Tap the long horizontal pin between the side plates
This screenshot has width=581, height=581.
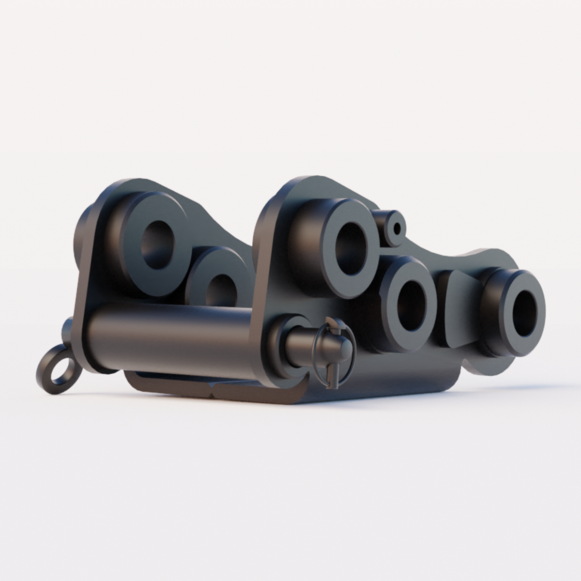point(169,334)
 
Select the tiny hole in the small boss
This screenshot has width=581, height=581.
point(398,228)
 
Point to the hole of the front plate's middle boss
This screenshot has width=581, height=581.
point(410,306)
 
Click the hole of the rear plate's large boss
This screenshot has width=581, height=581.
point(157,244)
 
